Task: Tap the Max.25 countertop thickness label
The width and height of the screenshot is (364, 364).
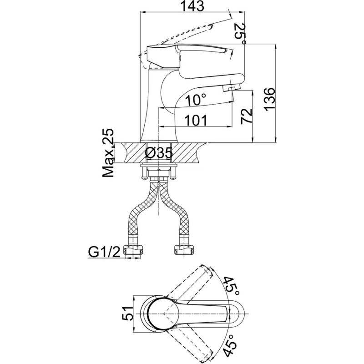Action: coord(108,153)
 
